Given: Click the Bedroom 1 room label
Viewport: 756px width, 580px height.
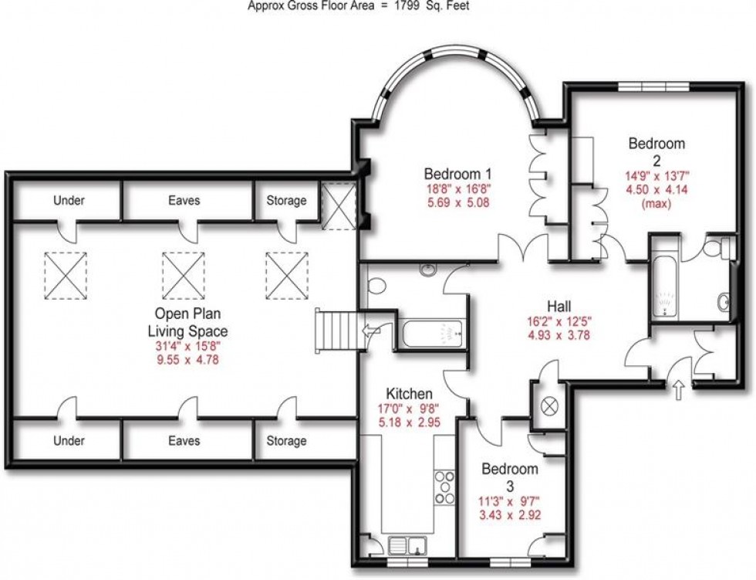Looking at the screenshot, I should (x=457, y=173).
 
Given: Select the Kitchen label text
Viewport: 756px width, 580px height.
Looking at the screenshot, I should (x=409, y=393).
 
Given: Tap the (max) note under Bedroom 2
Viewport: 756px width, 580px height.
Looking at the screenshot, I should (x=656, y=204).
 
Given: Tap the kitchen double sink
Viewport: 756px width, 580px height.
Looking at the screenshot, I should (x=407, y=546).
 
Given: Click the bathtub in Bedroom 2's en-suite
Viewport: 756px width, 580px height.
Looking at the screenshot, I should (x=663, y=289).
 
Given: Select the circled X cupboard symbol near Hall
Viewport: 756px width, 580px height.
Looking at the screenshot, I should (x=551, y=404).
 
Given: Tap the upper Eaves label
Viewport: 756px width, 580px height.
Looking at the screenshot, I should (x=184, y=201).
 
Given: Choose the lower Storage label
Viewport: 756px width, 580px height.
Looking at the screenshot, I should (x=286, y=441).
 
